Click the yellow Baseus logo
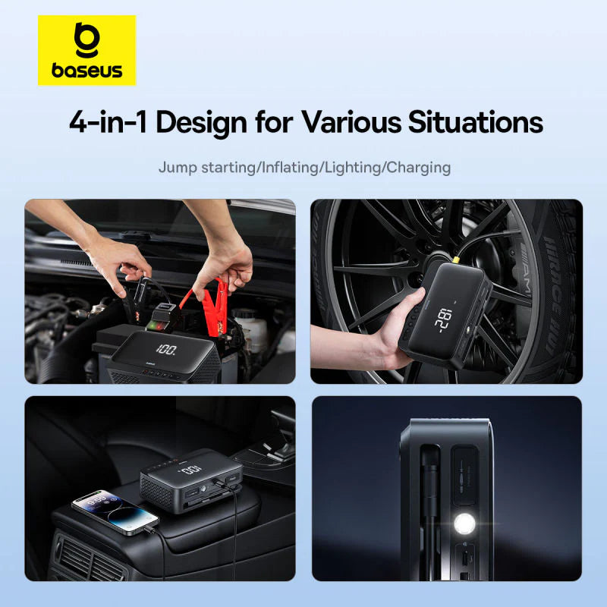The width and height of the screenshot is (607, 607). (x=86, y=50)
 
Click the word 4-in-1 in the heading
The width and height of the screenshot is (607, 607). (x=107, y=123)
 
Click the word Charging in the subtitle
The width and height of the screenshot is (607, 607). (x=418, y=167)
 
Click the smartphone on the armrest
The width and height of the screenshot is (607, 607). (x=114, y=512)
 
